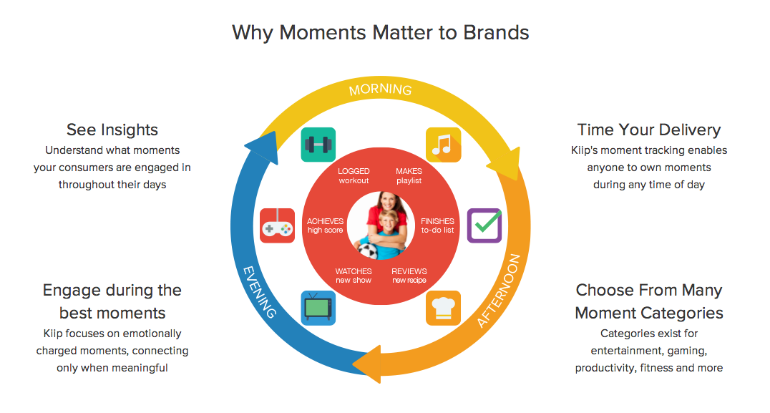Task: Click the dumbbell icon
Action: click(318, 145)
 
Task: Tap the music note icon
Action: click(444, 145)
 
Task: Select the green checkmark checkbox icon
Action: click(484, 225)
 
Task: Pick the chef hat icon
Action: click(444, 308)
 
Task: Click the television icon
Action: click(318, 308)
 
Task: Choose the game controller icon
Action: click(278, 225)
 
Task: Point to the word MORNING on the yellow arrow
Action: click(381, 89)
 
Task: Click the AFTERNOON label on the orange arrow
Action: click(499, 291)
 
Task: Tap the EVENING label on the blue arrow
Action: click(260, 292)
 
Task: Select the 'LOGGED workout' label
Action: click(354, 176)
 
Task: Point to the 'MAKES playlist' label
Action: click(409, 176)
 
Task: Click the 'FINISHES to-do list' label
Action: click(437, 225)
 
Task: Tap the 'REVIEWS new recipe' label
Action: click(409, 276)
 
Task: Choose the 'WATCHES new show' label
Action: click(354, 276)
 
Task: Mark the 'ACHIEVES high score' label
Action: click(325, 225)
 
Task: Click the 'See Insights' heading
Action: click(112, 130)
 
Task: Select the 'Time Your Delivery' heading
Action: click(649, 130)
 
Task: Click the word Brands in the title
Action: click(496, 32)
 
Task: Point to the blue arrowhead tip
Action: click(245, 146)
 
